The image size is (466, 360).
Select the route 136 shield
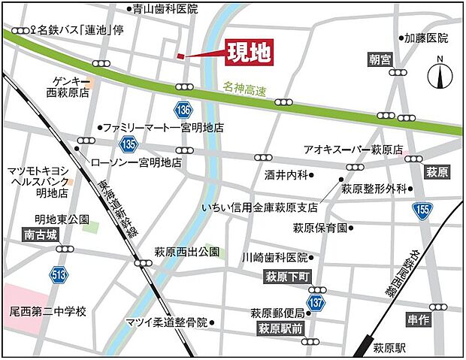pos(184,109)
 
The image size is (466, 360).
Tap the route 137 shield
pos(319,301)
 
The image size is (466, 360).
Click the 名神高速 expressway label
pos(245,88)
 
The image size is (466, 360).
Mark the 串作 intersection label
pos(419,319)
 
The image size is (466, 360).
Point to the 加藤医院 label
pos(425,37)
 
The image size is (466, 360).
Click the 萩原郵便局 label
pos(277,313)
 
